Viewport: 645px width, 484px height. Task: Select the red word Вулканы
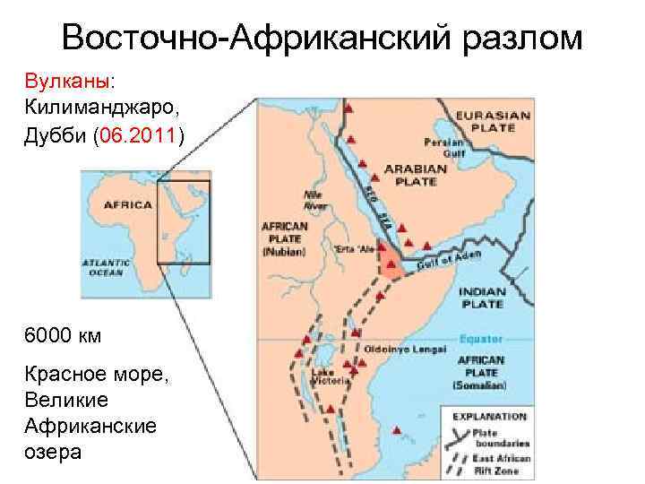(67, 82)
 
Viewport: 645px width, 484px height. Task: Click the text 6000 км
(64, 336)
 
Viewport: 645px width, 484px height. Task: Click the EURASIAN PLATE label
(486, 121)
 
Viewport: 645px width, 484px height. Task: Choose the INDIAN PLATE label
(483, 297)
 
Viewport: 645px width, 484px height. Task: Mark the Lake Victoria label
(324, 376)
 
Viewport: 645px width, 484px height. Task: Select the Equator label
(481, 340)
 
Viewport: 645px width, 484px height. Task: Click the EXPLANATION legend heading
(489, 416)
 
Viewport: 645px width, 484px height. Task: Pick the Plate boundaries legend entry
(503, 438)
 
